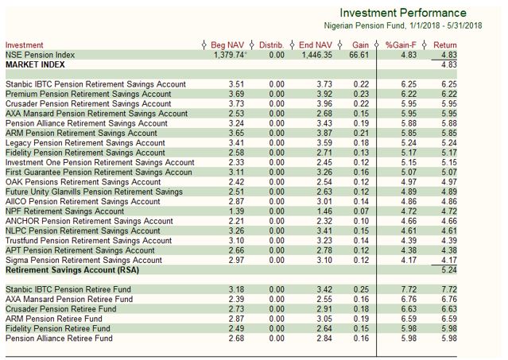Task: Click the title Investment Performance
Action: point(402,14)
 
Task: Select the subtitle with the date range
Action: point(404,25)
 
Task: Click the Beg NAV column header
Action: point(228,45)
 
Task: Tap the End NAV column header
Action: point(316,45)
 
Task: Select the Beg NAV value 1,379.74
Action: point(229,55)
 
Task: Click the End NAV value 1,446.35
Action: point(315,55)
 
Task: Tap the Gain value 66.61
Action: point(359,55)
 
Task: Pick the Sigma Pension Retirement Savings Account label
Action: point(83,261)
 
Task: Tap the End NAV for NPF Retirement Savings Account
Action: point(323,211)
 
